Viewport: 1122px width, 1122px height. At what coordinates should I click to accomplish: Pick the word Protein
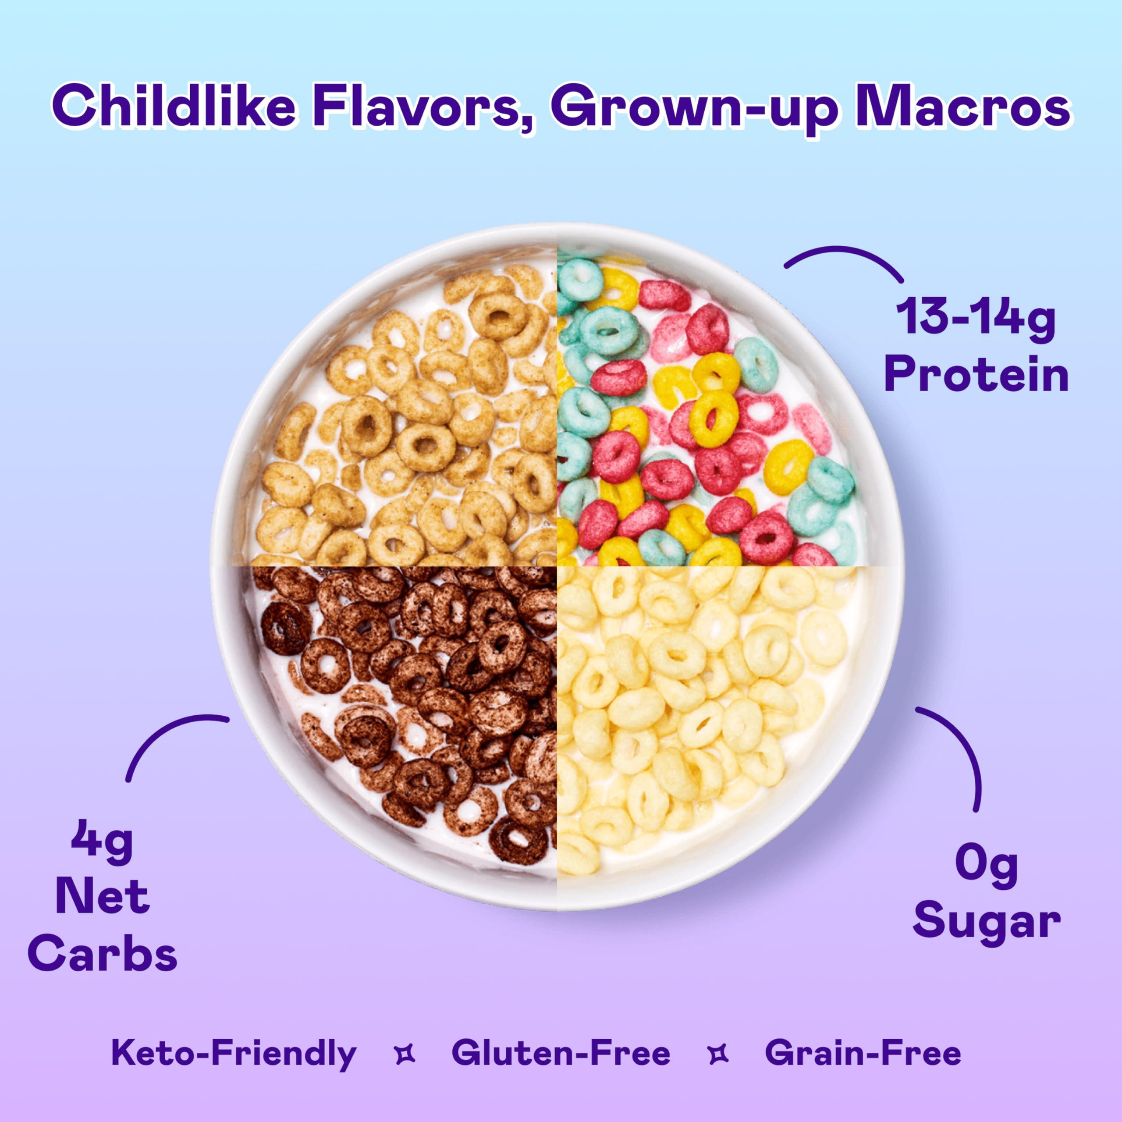(976, 376)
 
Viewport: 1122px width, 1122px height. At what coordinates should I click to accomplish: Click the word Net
(102, 897)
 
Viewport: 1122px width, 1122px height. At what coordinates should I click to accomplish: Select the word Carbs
(102, 954)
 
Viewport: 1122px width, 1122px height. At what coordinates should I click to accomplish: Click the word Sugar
(987, 920)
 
